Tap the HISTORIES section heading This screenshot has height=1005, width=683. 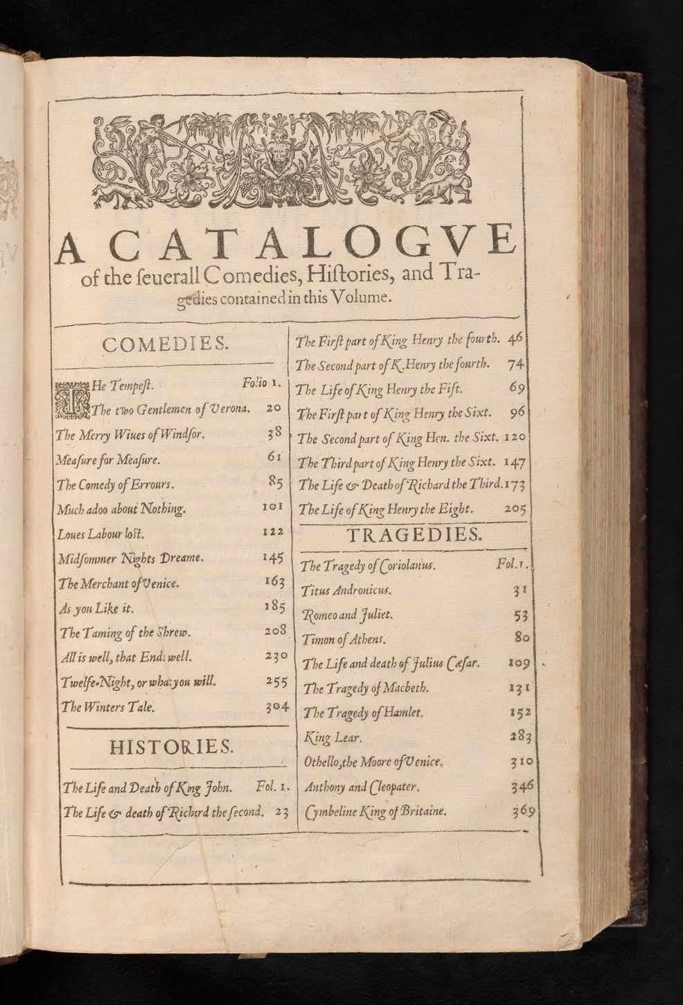172,746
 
